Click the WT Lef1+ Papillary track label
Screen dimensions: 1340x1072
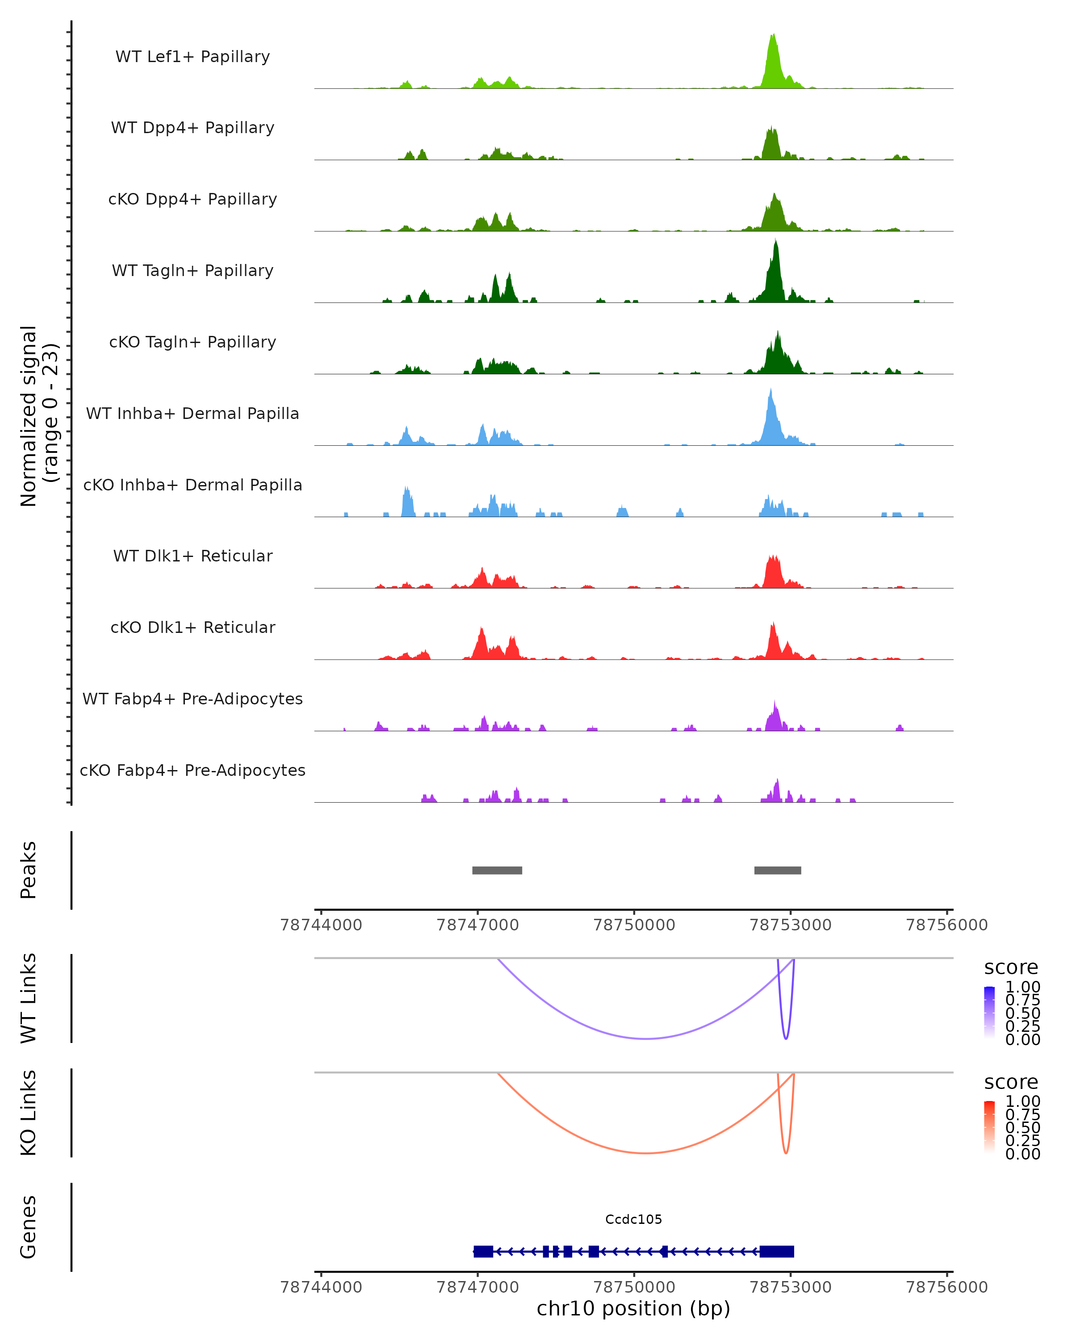193,57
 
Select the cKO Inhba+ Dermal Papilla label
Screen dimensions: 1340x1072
193,485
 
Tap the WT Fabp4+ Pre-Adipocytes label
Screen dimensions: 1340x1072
193,699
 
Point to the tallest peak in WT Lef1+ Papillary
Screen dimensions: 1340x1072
772,36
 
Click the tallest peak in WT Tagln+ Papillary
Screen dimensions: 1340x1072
775,243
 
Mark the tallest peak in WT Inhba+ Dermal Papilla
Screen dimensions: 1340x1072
770,392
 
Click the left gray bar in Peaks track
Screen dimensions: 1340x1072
497,870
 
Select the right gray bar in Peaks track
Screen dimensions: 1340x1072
778,870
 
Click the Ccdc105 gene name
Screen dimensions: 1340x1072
633,1219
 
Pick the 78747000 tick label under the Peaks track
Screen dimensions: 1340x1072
477,925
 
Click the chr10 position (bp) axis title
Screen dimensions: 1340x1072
633,1308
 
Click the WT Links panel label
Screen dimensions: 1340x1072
29,998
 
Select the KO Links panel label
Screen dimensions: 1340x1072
29,1113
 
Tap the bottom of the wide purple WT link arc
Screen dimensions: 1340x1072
646,1038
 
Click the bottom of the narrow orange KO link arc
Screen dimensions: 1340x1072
786,1153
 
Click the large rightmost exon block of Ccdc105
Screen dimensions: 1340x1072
777,1252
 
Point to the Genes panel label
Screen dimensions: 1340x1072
29,1227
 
